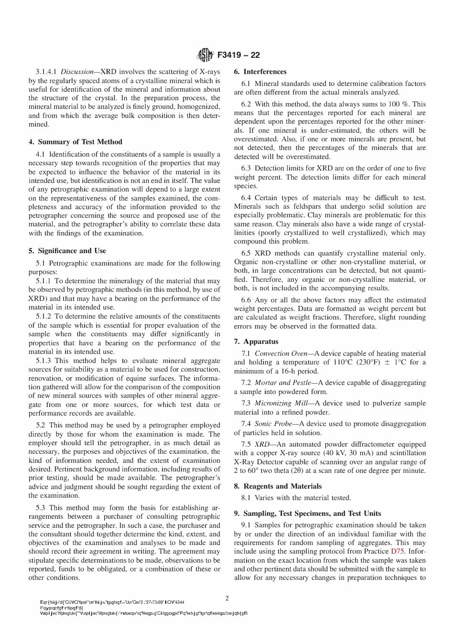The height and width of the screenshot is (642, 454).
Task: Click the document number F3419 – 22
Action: tap(238, 55)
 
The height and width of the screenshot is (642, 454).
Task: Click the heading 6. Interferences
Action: tap(260, 72)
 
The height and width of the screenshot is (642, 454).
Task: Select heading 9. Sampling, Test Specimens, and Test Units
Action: tap(307, 514)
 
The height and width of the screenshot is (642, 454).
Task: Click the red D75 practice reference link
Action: tap(398, 552)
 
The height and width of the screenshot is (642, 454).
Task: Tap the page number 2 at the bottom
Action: tap(227, 598)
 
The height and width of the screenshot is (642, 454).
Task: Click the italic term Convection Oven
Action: tap(279, 353)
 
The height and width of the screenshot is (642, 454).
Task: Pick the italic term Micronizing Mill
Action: tap(281, 403)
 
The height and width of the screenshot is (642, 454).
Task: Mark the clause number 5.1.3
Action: tap(44, 361)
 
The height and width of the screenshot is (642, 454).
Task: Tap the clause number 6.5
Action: tap(247, 253)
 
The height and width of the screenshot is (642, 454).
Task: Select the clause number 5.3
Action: tap(42, 508)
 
